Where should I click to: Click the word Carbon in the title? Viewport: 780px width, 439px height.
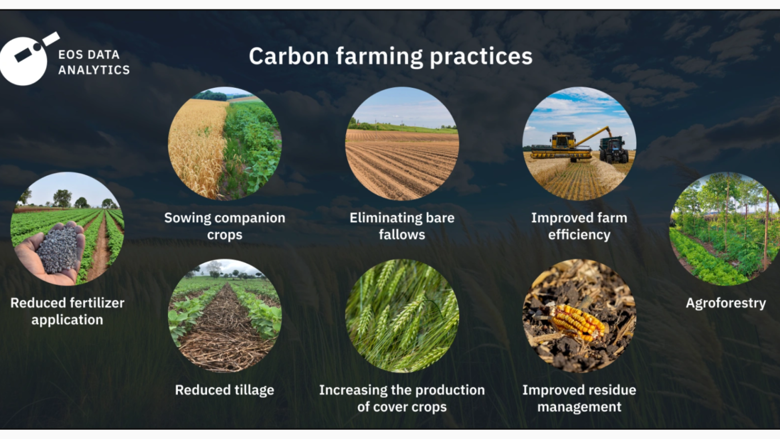(289, 56)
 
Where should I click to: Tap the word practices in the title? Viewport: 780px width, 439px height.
(481, 57)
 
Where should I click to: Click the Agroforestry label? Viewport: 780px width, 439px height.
(726, 303)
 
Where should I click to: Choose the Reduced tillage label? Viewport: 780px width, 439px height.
(225, 390)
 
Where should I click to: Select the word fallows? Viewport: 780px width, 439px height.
(402, 235)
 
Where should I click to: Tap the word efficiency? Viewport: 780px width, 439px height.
(579, 235)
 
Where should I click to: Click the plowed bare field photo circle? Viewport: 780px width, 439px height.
(402, 143)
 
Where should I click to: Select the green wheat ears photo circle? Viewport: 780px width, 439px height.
(402, 316)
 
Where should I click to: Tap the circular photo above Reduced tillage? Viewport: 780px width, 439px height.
(225, 316)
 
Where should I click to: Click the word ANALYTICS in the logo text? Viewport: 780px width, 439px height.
(94, 70)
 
